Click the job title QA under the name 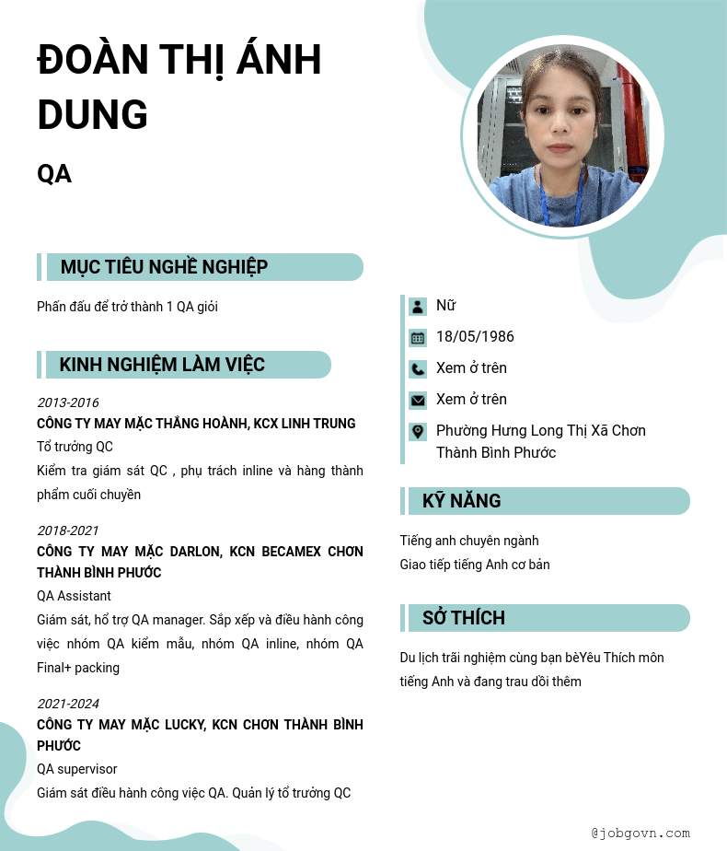tap(54, 173)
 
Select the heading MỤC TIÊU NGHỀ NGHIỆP tap(164, 267)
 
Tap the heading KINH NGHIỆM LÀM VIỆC tap(162, 365)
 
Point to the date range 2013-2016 tap(67, 402)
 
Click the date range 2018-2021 tap(67, 530)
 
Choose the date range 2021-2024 tap(67, 704)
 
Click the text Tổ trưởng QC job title tap(75, 447)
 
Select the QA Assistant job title tap(74, 596)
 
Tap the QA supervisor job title tap(76, 769)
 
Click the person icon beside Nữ tap(418, 307)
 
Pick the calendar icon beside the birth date tap(418, 338)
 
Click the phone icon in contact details tap(418, 369)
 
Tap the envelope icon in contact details tap(418, 401)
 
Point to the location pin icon tap(418, 431)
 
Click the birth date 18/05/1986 tap(475, 337)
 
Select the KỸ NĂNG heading tap(461, 501)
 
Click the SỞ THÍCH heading tap(463, 618)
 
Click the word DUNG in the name tap(92, 114)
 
